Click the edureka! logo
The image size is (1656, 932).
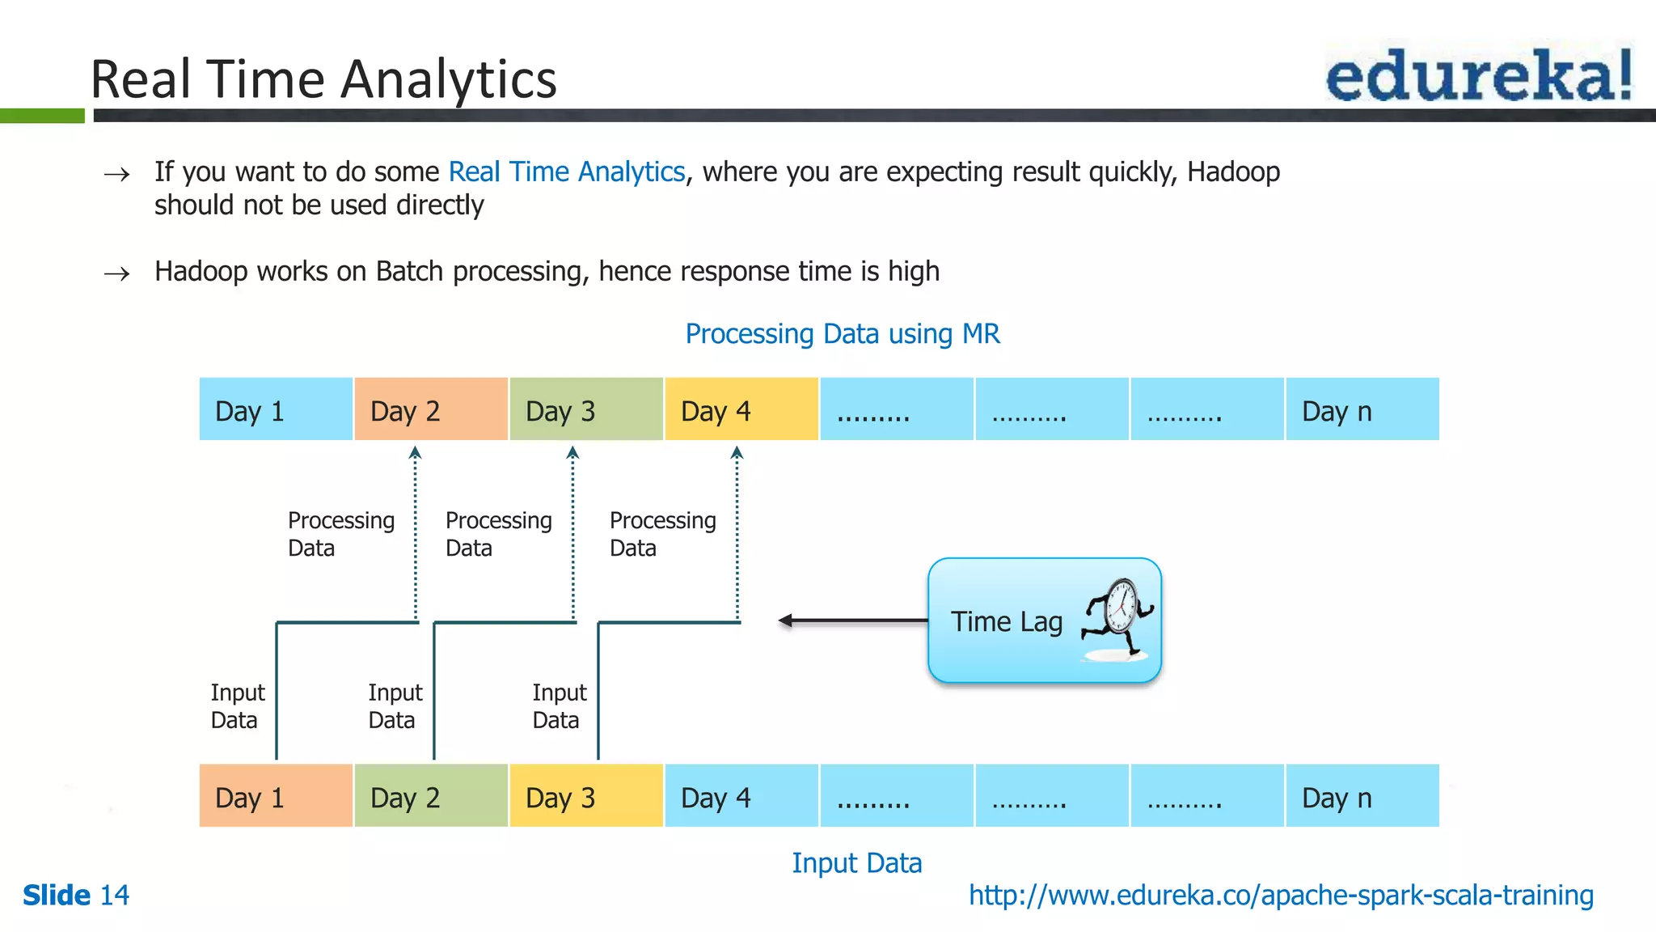(1478, 74)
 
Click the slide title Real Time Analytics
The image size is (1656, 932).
(323, 79)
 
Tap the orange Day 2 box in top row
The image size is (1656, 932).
(431, 409)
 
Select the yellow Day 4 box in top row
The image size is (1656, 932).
(741, 409)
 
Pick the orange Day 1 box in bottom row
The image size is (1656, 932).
(276, 796)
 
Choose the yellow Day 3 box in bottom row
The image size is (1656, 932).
(586, 796)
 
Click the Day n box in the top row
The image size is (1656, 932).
(1362, 409)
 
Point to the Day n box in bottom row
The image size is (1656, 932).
(1362, 796)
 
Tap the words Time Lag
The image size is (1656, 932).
(1006, 621)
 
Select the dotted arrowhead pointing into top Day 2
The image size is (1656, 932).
(415, 453)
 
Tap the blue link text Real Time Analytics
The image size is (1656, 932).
(566, 172)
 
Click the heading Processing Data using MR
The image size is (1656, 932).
(842, 333)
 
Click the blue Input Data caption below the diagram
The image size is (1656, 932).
(856, 862)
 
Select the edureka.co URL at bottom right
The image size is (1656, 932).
(1281, 895)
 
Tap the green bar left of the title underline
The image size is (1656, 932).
(42, 116)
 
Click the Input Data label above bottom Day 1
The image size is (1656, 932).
(237, 705)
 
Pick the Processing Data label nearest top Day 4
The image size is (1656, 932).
(662, 533)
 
